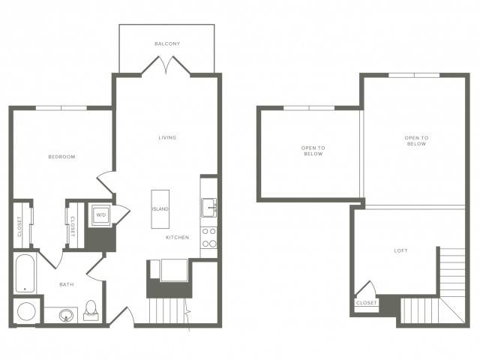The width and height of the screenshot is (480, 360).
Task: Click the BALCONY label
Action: point(167,43)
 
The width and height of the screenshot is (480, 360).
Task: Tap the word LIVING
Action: point(167,137)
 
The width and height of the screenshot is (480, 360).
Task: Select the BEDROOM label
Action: point(61,157)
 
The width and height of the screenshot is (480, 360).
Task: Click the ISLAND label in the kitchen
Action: point(160,209)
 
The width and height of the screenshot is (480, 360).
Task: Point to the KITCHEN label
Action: point(178,237)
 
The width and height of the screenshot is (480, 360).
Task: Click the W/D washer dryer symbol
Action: point(101,215)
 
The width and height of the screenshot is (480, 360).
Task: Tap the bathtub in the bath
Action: point(25,273)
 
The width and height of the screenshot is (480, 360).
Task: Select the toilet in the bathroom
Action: point(91,310)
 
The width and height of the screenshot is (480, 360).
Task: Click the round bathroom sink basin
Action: point(66,315)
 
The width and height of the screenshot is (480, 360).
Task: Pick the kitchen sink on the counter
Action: point(209,208)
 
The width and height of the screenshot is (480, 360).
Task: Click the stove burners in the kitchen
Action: point(209,238)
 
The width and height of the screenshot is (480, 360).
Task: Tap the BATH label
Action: point(67,285)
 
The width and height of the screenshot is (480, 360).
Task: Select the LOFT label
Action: point(400,250)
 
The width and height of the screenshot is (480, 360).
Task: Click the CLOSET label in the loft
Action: point(367,303)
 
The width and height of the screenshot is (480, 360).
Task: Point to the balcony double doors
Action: point(166,64)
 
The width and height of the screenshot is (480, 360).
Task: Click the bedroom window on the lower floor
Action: point(61,108)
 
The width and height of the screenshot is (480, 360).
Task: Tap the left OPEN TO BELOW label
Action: point(313,151)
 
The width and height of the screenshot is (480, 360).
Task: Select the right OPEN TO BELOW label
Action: point(416,141)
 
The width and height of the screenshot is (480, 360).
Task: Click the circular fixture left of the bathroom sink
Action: point(27,311)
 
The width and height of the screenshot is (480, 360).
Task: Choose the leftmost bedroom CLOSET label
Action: point(19,226)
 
